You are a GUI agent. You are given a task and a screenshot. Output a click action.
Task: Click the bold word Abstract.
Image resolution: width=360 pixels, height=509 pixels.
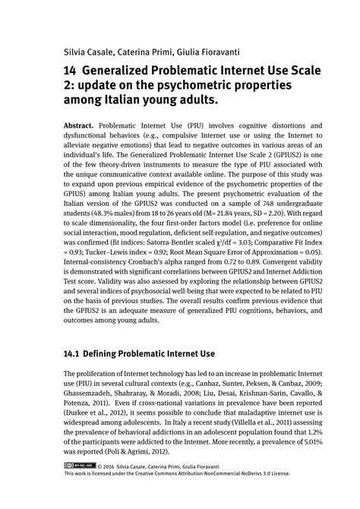click(x=81, y=124)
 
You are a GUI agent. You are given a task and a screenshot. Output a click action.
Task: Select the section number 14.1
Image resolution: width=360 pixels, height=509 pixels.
click(x=73, y=354)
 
